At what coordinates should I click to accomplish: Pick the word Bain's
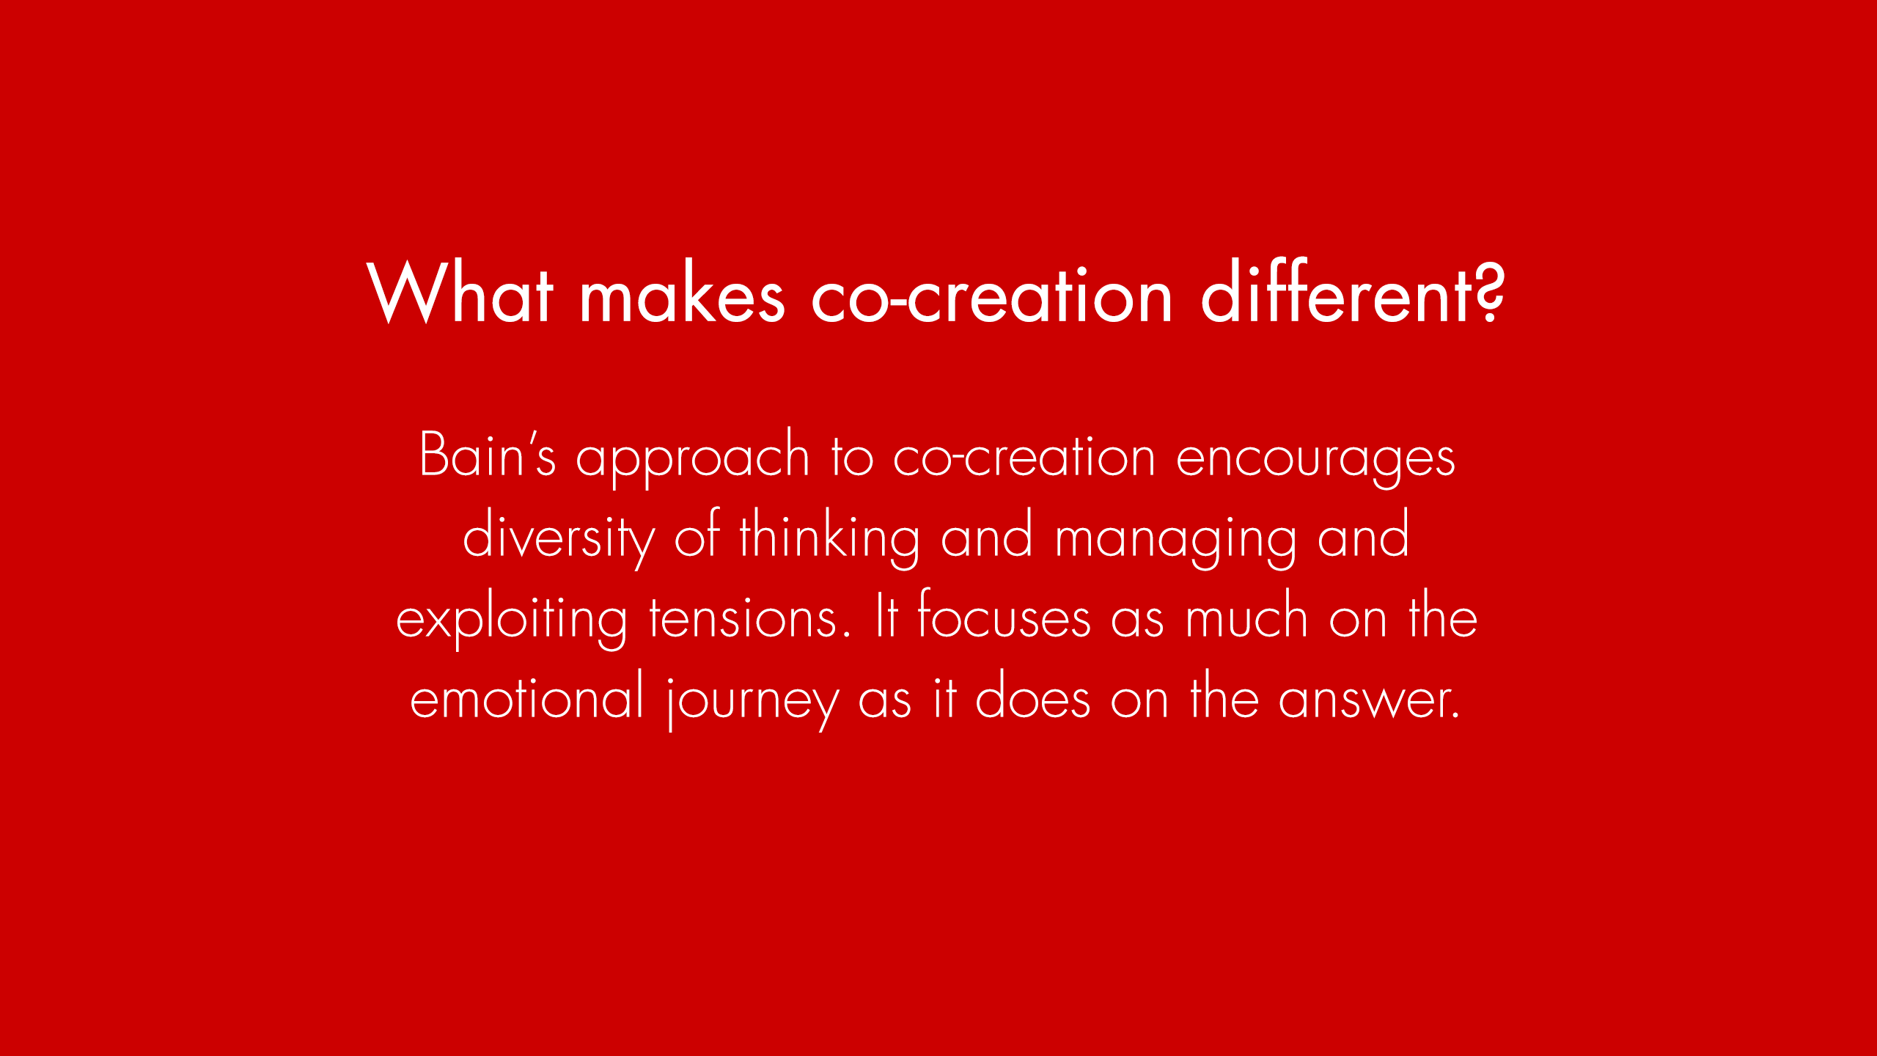point(488,454)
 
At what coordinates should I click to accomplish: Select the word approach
point(692,458)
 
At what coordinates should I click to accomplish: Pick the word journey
point(753,701)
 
